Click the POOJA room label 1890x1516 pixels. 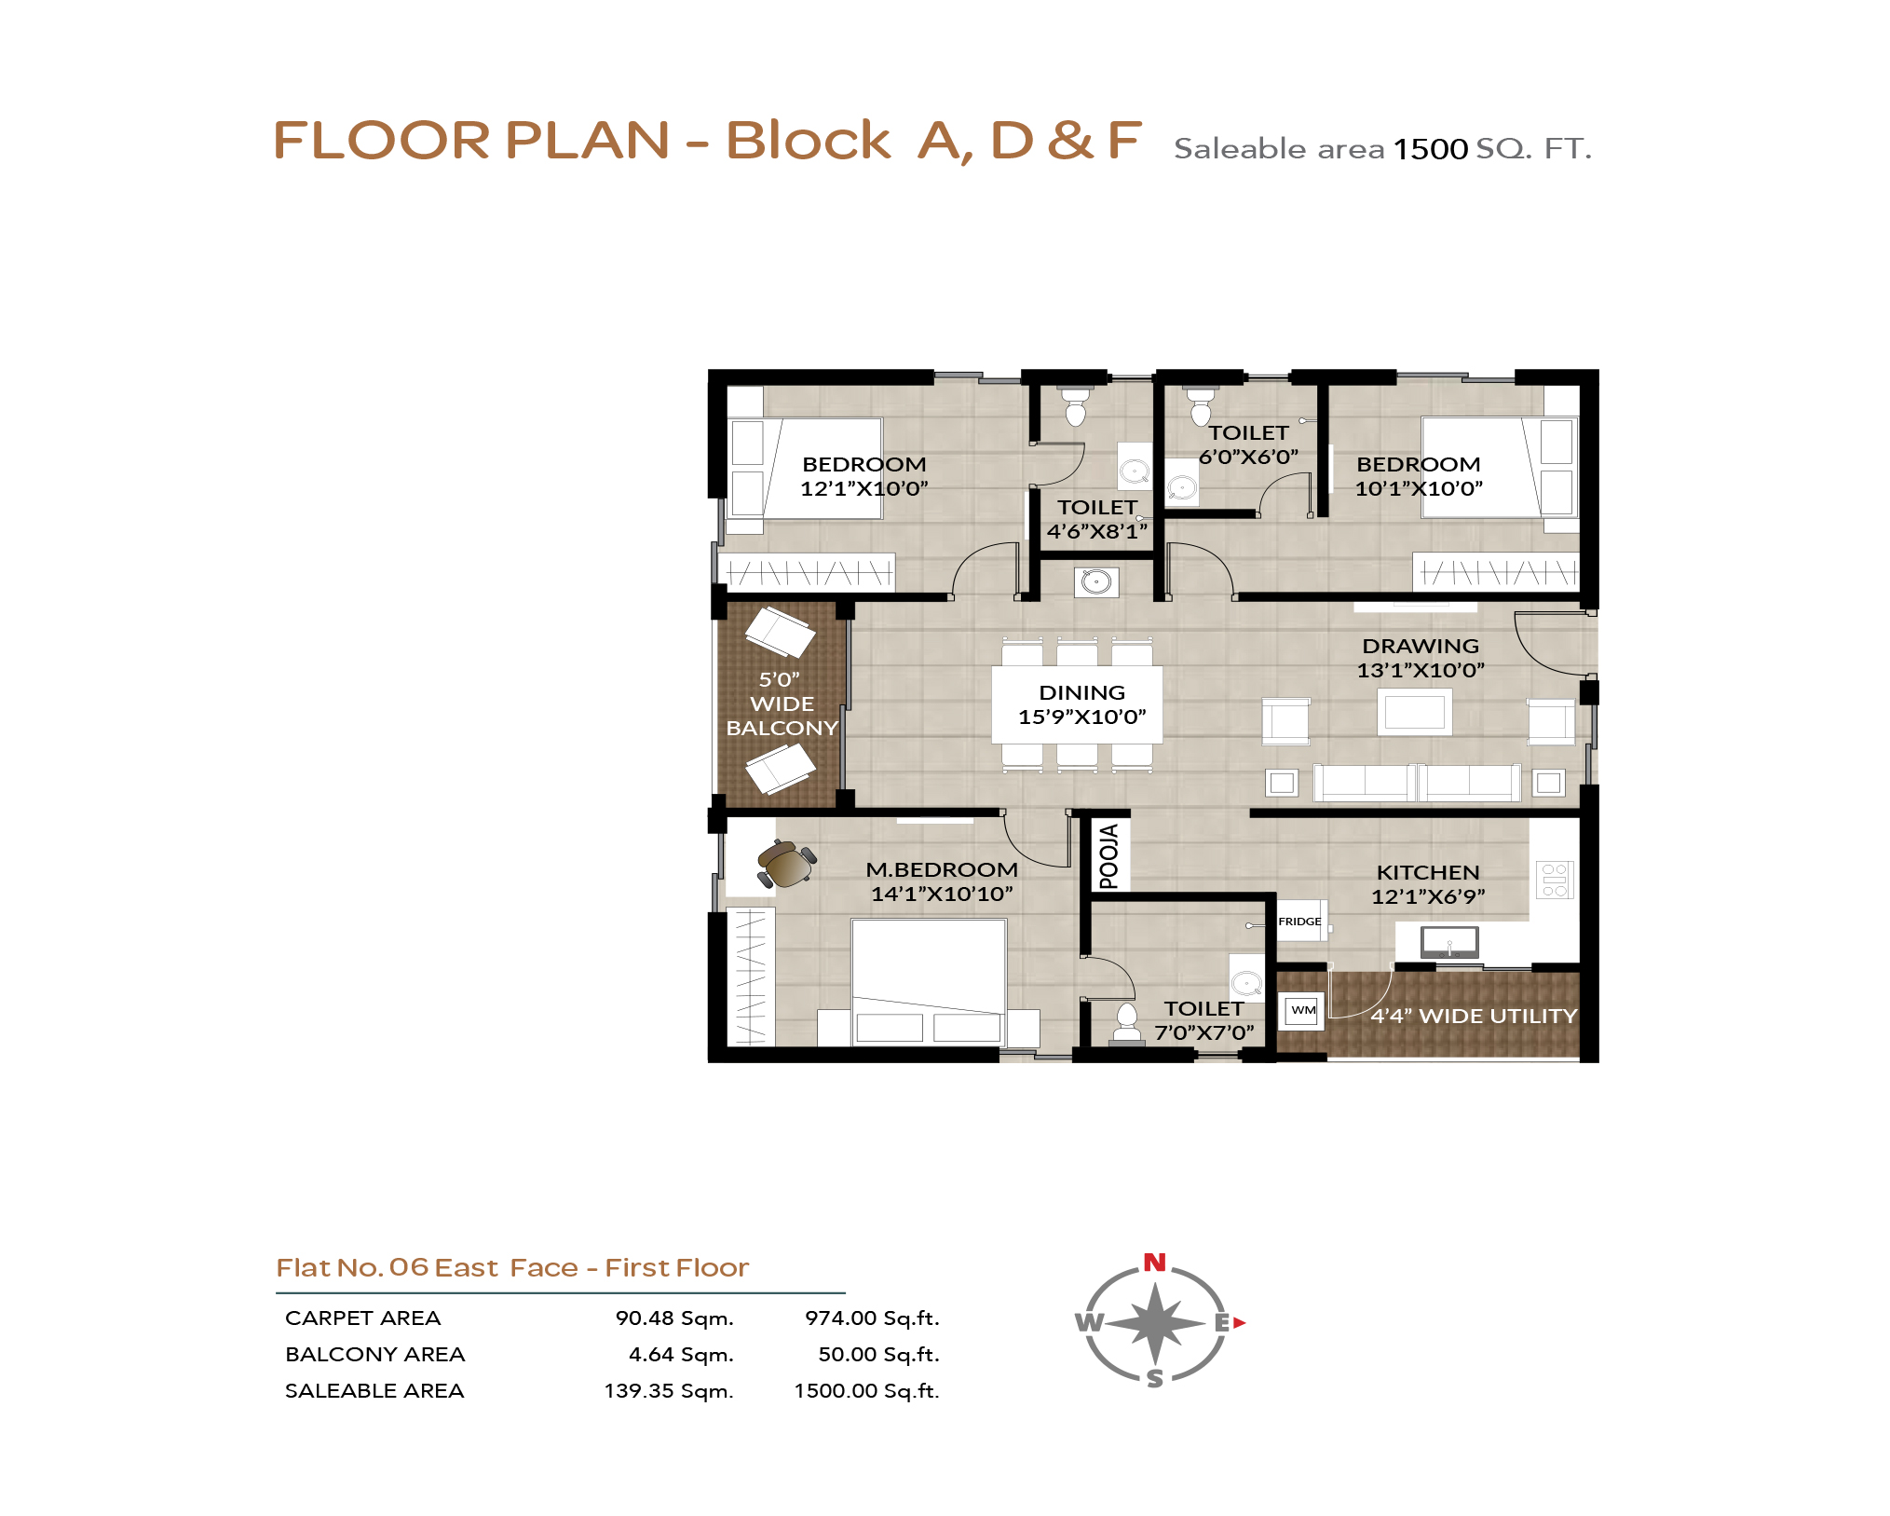point(1108,856)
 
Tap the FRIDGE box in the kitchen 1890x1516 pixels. point(1300,921)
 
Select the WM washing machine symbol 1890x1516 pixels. point(1303,1010)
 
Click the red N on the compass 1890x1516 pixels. point(1155,1263)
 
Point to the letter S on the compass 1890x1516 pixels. point(1155,1379)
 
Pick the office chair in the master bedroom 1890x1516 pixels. point(786,864)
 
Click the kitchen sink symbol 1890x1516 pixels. point(1449,942)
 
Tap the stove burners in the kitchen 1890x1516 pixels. point(1555,880)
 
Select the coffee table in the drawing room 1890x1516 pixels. point(1414,712)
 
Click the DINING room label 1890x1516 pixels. point(1081,692)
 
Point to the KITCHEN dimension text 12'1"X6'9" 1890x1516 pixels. point(1428,896)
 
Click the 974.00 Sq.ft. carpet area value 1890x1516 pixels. point(872,1318)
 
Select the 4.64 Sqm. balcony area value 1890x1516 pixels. point(681,1354)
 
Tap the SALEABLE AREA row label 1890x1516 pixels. point(374,1390)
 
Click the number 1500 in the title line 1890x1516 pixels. point(1431,149)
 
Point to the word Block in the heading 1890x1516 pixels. point(808,141)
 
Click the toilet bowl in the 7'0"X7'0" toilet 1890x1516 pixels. point(1127,1022)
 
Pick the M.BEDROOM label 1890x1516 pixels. point(942,869)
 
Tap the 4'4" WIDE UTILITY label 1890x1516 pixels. point(1474,1016)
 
